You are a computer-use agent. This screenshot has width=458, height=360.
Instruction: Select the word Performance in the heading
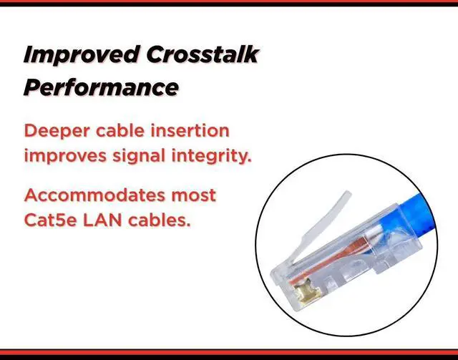[100, 87]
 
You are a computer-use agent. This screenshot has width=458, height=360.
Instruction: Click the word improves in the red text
[65, 155]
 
